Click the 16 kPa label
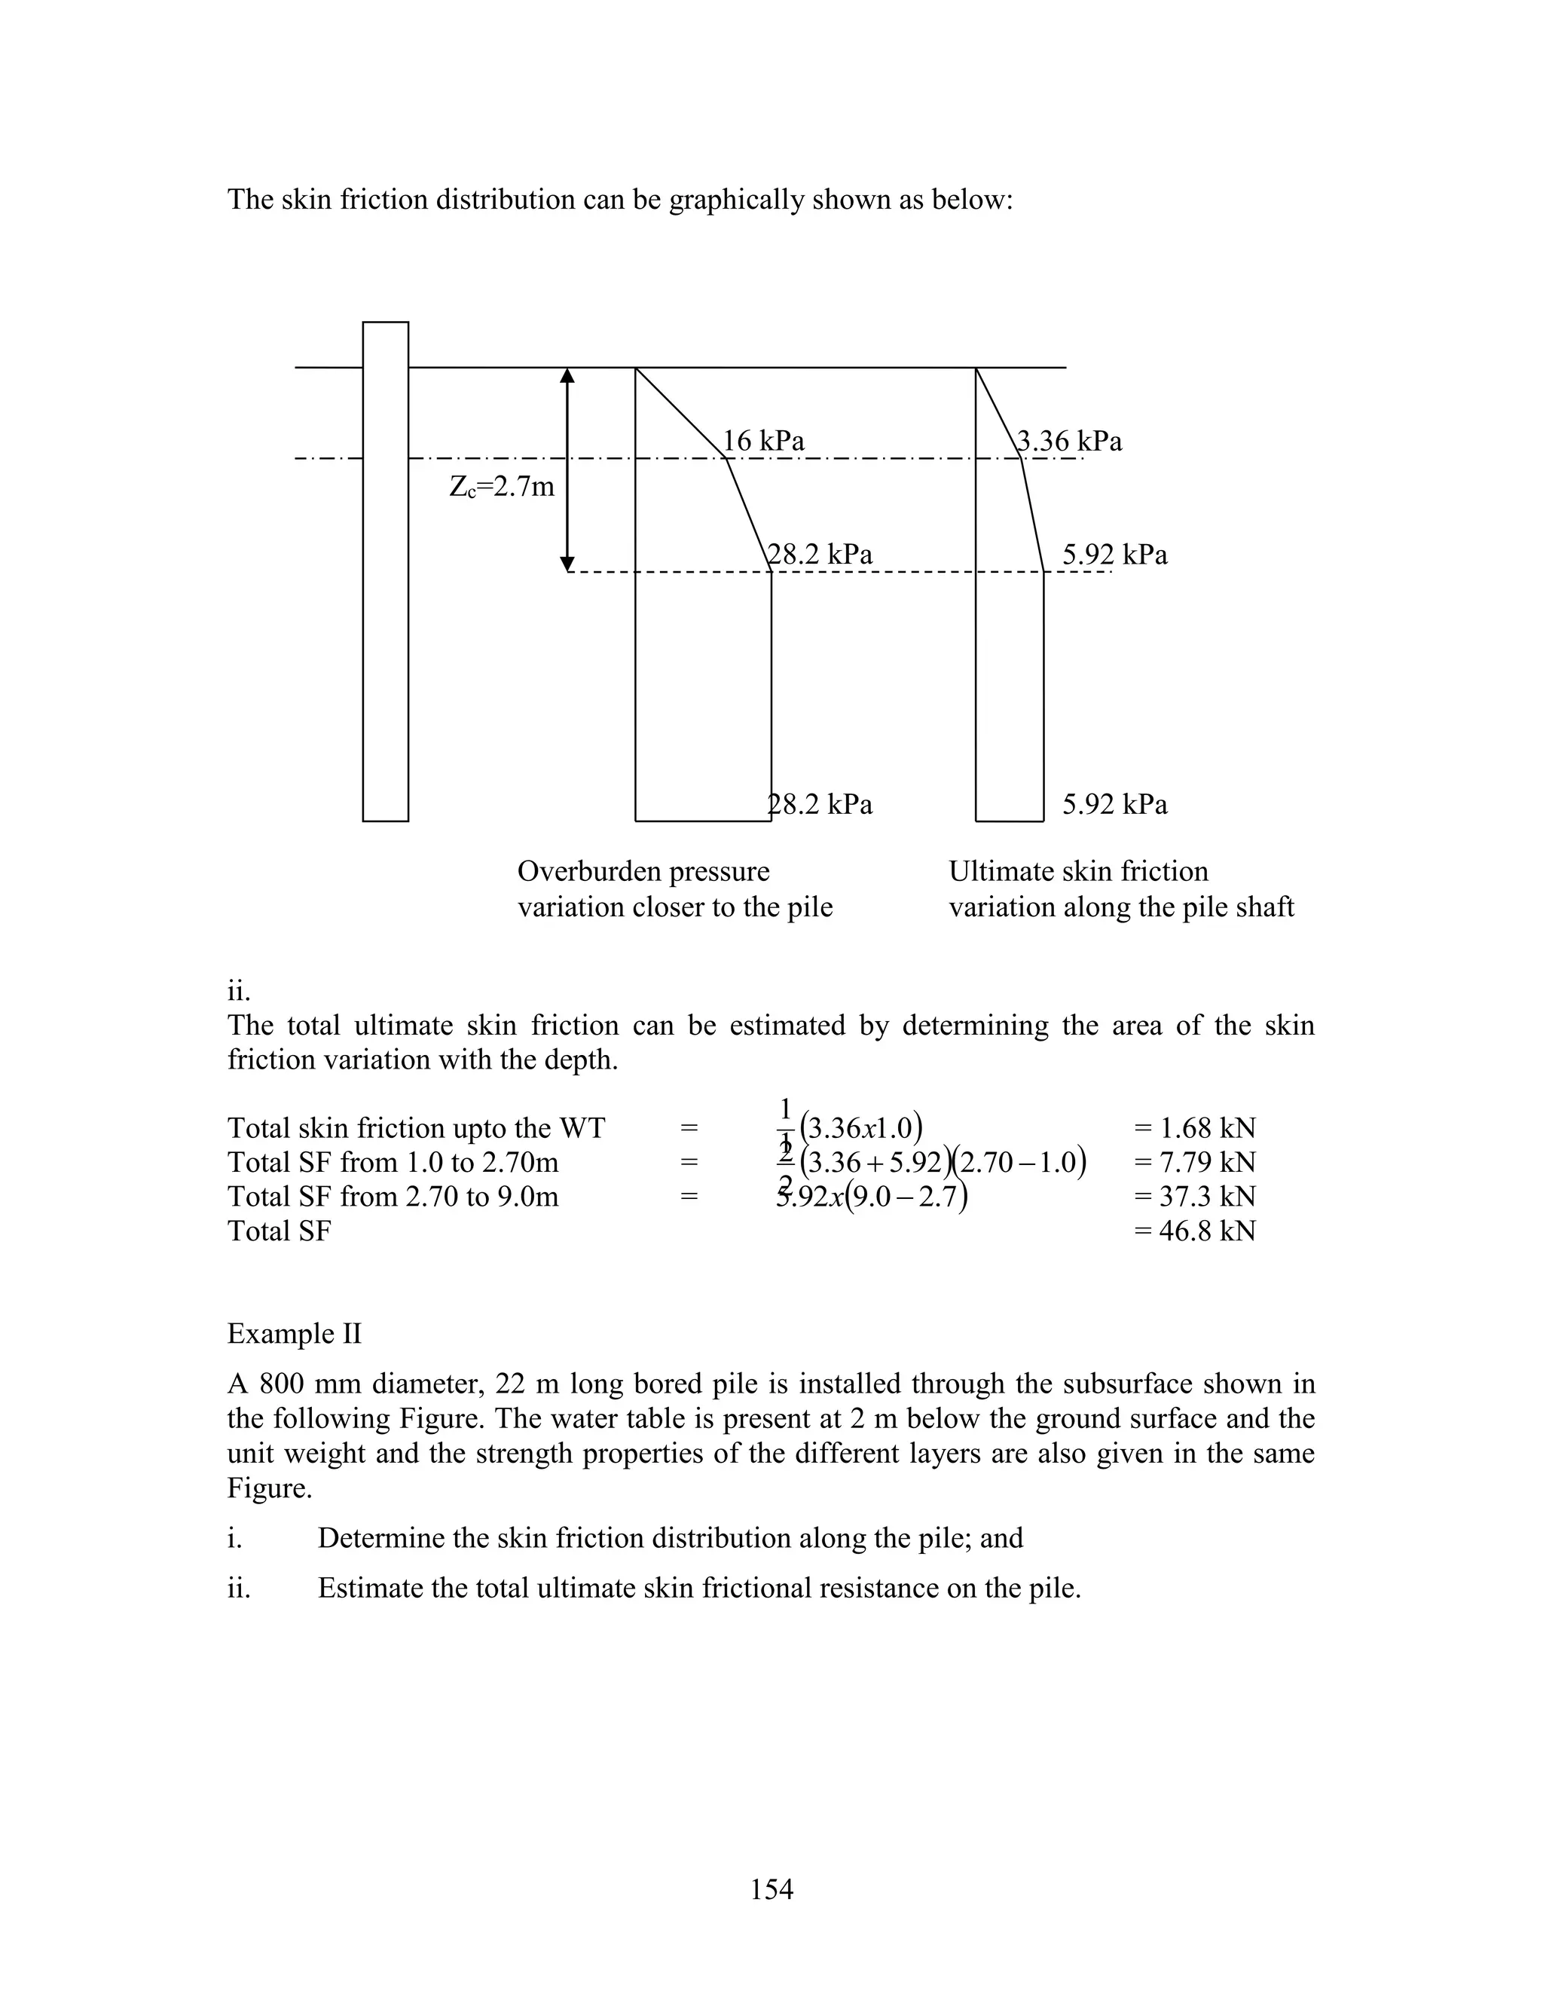click(x=763, y=441)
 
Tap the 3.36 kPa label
click(x=1070, y=441)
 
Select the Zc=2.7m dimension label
click(x=502, y=487)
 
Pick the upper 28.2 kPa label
click(x=820, y=554)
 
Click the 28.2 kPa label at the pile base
click(x=820, y=804)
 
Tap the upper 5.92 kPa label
click(x=1114, y=554)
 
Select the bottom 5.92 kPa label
click(x=1114, y=804)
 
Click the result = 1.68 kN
click(x=1195, y=1127)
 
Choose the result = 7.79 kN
click(x=1195, y=1162)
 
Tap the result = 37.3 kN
click(x=1195, y=1196)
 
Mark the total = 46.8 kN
click(x=1195, y=1231)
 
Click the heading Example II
click(x=295, y=1333)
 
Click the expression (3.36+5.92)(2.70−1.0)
click(x=942, y=1162)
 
